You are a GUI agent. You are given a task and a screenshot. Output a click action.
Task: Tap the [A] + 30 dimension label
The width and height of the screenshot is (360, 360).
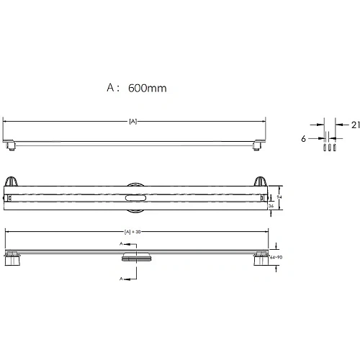tap(132, 232)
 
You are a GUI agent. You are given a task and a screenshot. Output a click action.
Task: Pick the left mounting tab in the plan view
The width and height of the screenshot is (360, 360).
tap(11, 183)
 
